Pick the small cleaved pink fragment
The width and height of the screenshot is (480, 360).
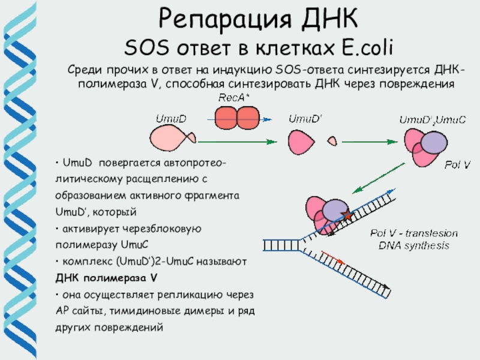coord(332,141)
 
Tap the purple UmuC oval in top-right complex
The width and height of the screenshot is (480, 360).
coord(434,144)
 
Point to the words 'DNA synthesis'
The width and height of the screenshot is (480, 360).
coord(413,245)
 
